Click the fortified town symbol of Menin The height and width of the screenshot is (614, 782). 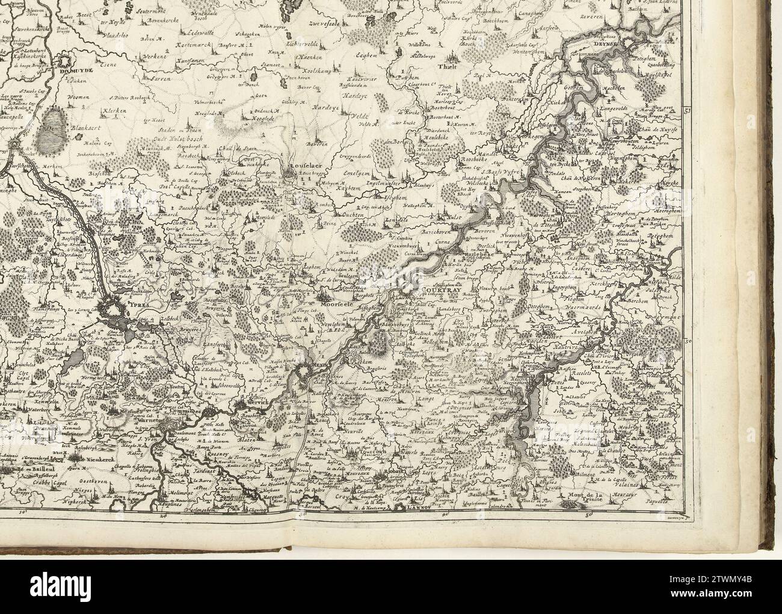(304, 377)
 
